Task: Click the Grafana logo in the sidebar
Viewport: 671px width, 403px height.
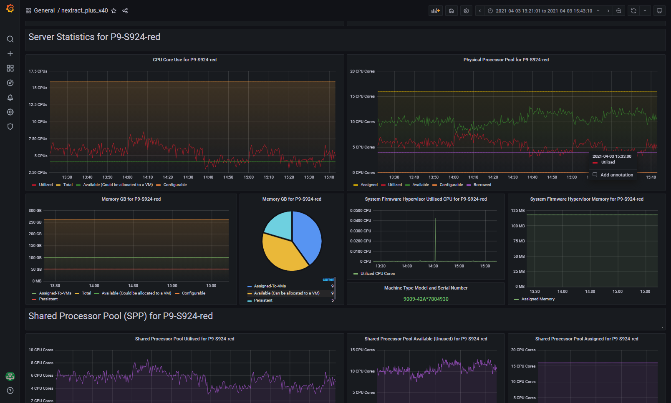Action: tap(10, 8)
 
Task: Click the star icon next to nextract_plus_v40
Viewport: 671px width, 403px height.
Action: tap(114, 11)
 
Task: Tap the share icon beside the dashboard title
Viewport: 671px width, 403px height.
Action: tap(125, 11)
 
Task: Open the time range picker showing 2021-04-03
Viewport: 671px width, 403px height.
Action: tap(544, 11)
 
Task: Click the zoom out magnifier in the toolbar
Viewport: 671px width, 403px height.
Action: tap(618, 11)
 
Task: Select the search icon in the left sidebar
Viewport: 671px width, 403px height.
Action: tap(10, 39)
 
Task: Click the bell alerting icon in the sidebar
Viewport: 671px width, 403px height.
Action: tap(10, 98)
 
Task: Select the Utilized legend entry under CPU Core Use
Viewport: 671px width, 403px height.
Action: tap(42, 185)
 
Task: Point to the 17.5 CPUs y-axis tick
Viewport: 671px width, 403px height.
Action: tap(38, 71)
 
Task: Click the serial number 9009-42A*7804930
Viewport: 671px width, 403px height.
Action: tap(426, 299)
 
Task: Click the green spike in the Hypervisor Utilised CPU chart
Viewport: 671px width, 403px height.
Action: tap(435, 239)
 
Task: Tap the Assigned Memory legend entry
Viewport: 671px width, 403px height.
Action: tap(535, 299)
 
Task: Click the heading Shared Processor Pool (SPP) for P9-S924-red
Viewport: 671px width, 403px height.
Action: tap(121, 316)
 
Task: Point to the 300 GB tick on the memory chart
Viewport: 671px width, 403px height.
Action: tap(35, 211)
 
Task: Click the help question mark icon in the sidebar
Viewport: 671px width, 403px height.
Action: tap(10, 390)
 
